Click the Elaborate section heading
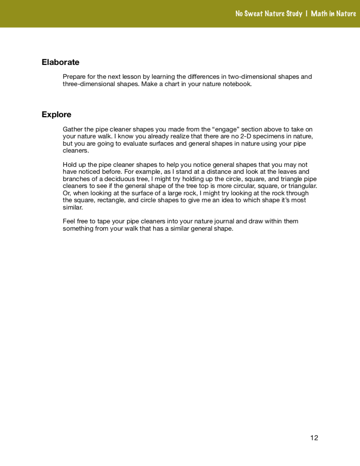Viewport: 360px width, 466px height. pos(60,62)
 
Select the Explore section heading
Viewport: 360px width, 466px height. pos(56,115)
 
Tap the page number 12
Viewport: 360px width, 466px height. pos(314,438)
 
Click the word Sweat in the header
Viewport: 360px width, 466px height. pos(254,14)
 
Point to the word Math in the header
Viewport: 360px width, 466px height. pos(319,14)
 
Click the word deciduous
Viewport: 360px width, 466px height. pos(118,172)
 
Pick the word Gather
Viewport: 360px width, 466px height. pos(73,130)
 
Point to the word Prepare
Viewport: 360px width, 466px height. pos(74,77)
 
